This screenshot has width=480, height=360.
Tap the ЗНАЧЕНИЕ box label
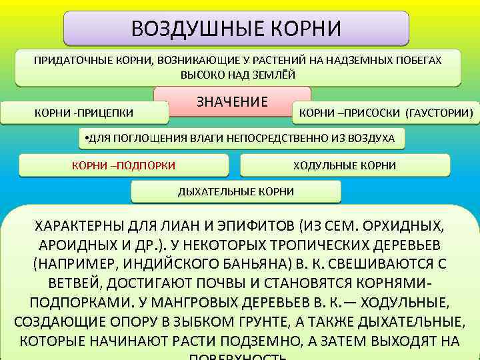pos(232,102)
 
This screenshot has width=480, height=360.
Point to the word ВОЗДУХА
pos(370,139)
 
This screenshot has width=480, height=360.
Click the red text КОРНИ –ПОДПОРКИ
pos(123,165)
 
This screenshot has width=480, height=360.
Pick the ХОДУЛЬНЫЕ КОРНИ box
pos(345,165)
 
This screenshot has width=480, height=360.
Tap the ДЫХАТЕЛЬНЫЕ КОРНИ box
pos(235,192)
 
